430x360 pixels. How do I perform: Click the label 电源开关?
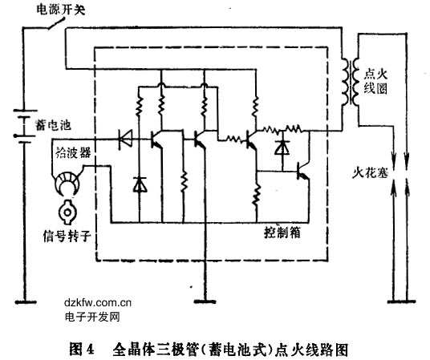click(61, 10)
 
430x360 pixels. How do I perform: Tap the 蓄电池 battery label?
click(53, 125)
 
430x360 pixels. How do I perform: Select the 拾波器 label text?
click(73, 152)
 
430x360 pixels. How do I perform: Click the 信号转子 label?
click(67, 236)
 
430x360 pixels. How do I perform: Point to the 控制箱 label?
click(282, 233)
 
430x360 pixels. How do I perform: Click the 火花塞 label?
click(370, 172)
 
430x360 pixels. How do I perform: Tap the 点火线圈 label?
click(375, 82)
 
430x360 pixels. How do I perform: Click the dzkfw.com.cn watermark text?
click(98, 303)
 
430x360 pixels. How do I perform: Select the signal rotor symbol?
click(67, 212)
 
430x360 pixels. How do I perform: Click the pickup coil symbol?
click(67, 183)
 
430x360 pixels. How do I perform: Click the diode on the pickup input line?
click(125, 139)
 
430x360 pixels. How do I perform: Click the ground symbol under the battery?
click(26, 302)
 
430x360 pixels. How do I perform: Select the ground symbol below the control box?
click(205, 301)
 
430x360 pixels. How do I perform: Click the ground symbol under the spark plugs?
click(401, 302)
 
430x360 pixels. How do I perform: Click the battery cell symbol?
click(25, 126)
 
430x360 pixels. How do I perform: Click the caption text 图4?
click(82, 350)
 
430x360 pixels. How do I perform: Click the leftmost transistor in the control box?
click(156, 140)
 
